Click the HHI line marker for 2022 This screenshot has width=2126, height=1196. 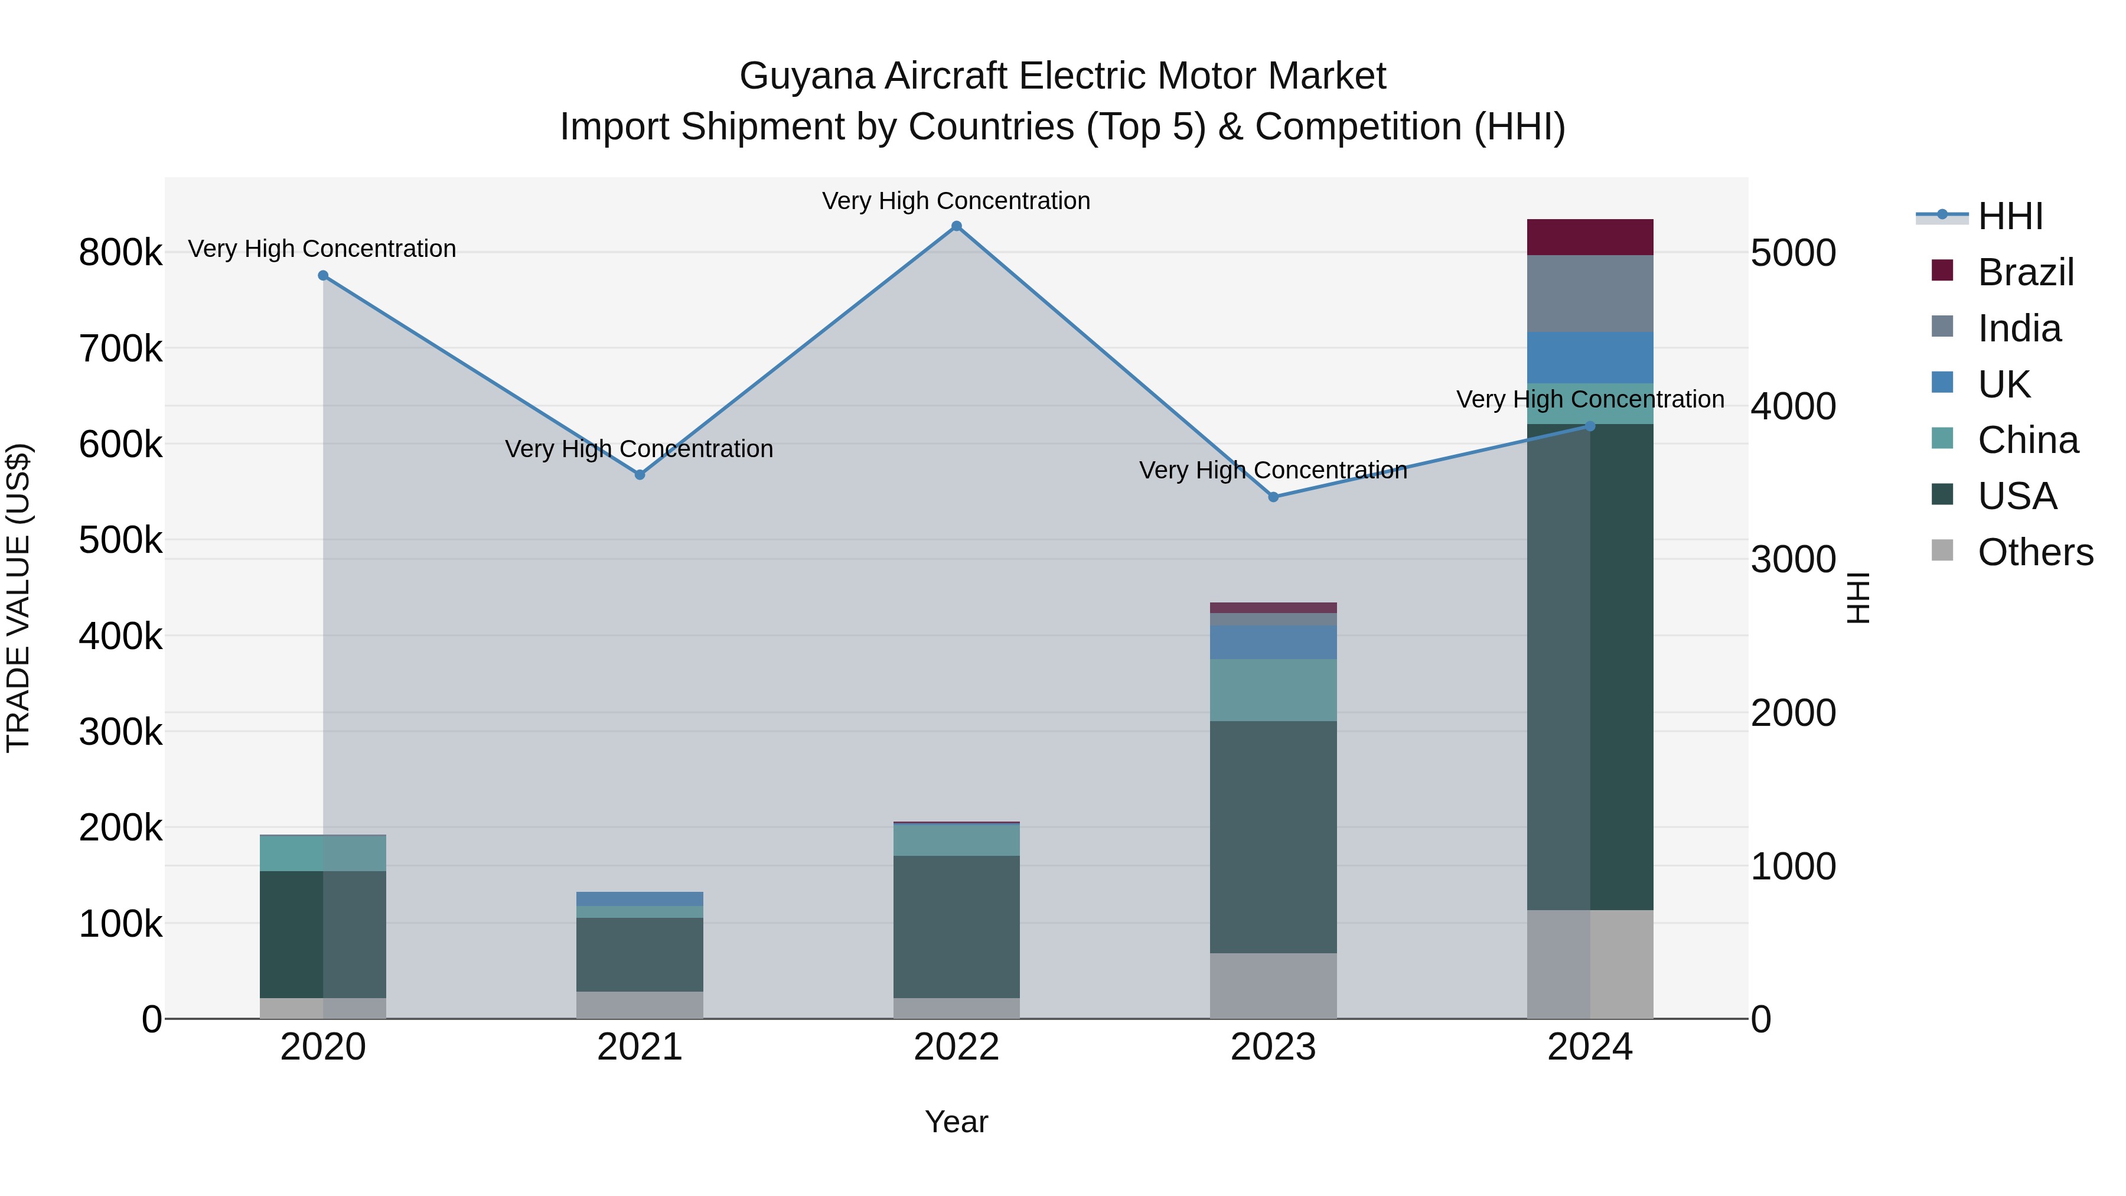point(957,226)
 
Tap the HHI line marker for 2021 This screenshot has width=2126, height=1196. point(640,475)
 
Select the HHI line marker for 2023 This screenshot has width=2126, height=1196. point(1273,497)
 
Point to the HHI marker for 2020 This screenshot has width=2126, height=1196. point(322,276)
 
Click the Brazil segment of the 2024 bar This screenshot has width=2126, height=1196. point(1590,237)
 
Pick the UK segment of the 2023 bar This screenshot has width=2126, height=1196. point(1273,642)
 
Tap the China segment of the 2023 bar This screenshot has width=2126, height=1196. point(1273,690)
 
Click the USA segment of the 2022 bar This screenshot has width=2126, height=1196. point(957,926)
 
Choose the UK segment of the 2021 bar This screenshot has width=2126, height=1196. point(640,899)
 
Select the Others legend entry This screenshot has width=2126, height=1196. point(2034,552)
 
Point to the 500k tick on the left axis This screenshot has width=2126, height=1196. point(120,540)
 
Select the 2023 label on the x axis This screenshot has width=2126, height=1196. point(1273,1047)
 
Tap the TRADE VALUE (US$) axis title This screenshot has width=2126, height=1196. point(18,598)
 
